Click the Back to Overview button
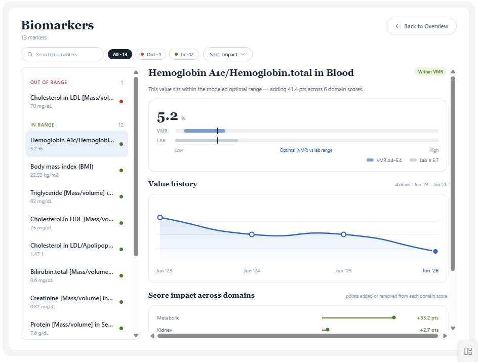click(x=421, y=26)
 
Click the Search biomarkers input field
click(x=62, y=54)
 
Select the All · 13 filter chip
click(x=120, y=54)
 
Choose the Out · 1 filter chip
click(x=150, y=54)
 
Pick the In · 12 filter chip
click(x=184, y=54)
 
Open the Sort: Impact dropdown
click(x=227, y=54)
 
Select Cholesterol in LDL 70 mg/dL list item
click(x=76, y=101)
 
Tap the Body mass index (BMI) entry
click(x=76, y=170)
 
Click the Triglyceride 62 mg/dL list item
click(x=76, y=196)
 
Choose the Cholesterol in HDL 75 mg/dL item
click(x=76, y=223)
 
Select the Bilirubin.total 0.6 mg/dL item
click(x=76, y=276)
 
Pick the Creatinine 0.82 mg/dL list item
click(x=76, y=302)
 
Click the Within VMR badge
click(x=430, y=71)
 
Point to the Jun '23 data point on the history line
click(x=160, y=217)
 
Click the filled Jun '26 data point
click(x=435, y=252)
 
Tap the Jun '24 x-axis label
click(x=252, y=270)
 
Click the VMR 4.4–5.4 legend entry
click(x=384, y=160)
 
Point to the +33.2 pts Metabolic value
click(x=428, y=318)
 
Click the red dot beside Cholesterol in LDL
click(x=122, y=101)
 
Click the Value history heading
click(x=173, y=184)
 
